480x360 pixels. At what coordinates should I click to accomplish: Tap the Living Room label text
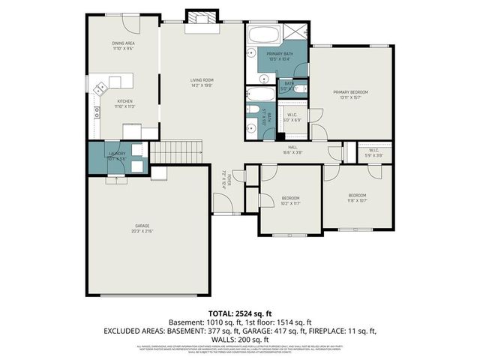point(202,82)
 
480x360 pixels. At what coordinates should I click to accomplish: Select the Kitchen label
point(124,103)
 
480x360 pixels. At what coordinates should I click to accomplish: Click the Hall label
point(293,150)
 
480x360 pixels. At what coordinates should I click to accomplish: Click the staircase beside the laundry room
point(178,151)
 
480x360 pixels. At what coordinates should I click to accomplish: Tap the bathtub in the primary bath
point(263,34)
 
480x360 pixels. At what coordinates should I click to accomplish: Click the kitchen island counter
point(112,81)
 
